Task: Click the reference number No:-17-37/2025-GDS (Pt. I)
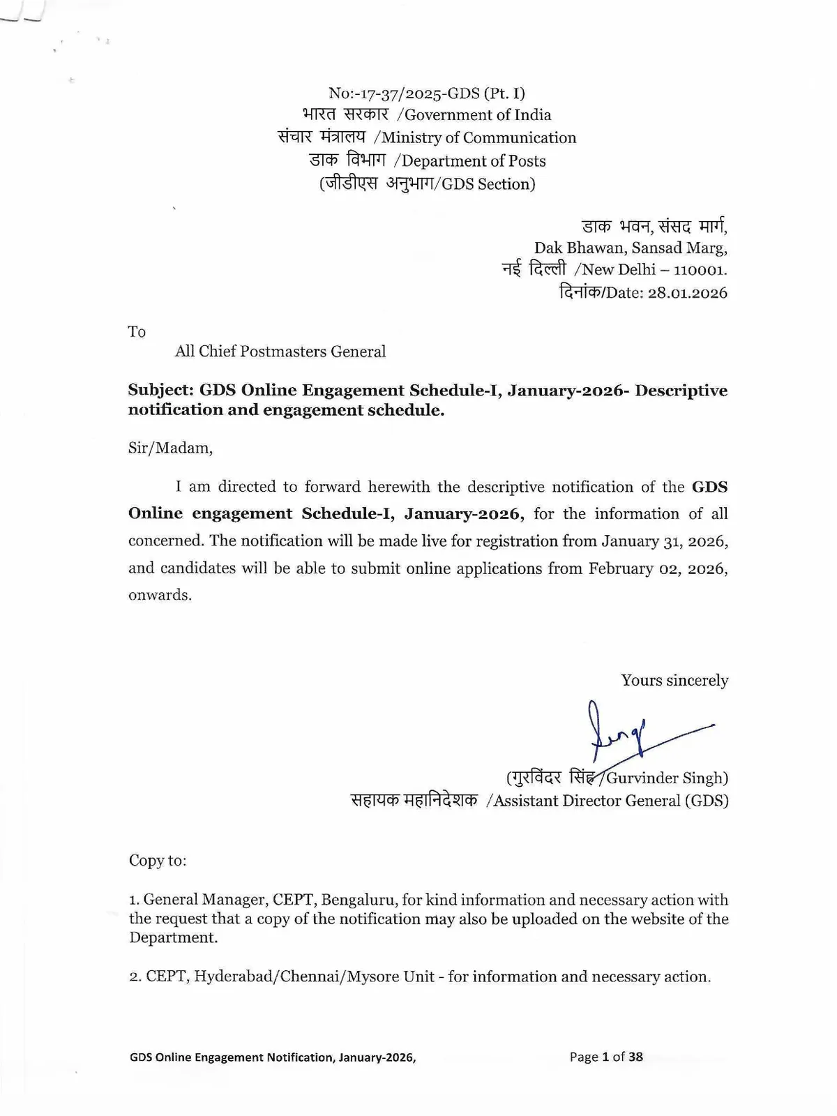(426, 93)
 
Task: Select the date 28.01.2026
(687, 293)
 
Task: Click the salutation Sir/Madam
(170, 448)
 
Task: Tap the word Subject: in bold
(160, 391)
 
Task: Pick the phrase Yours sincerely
(674, 681)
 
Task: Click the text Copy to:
(158, 861)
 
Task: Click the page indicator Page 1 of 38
(606, 1057)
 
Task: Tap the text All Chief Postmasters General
(280, 352)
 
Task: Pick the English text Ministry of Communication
(478, 138)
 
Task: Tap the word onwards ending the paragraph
(159, 596)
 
